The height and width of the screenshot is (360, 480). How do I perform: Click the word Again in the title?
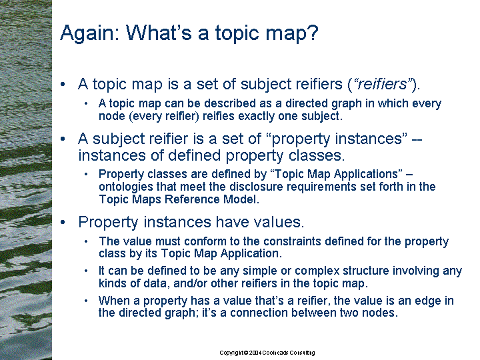click(90, 33)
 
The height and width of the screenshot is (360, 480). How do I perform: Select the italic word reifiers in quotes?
click(383, 84)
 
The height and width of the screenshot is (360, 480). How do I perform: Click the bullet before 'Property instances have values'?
click(63, 222)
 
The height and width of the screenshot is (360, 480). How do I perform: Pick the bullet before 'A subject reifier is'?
click(63, 139)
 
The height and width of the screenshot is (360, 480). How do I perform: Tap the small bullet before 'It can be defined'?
click(86, 271)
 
